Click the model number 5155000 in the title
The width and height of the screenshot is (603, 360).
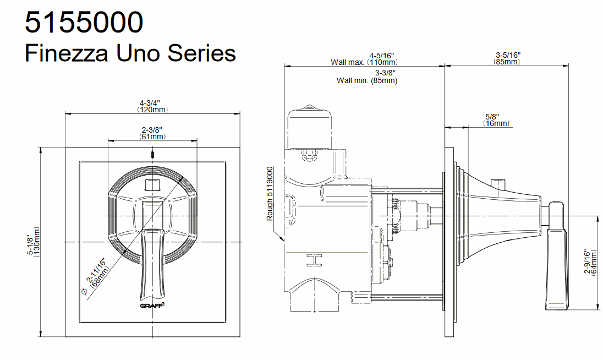click(84, 23)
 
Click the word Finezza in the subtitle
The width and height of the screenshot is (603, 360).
click(66, 53)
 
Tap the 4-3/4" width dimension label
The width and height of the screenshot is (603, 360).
click(150, 103)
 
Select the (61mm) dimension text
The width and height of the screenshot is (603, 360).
click(152, 137)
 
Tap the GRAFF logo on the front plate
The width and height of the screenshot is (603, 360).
click(152, 306)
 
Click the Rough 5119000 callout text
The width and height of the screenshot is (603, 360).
click(270, 193)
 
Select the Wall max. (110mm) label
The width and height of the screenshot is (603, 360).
click(364, 62)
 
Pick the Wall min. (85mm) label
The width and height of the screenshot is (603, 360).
click(367, 81)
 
